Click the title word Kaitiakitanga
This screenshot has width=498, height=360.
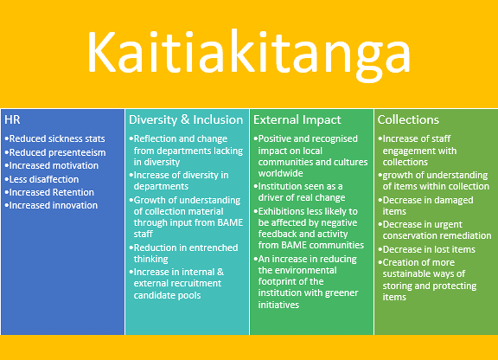(249, 55)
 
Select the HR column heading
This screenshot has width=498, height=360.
(12, 120)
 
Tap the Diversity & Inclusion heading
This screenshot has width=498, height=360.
(186, 120)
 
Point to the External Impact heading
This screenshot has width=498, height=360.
(297, 120)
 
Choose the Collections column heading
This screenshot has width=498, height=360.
(408, 120)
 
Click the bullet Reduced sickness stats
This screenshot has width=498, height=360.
(55, 139)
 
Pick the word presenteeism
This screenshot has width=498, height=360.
(77, 153)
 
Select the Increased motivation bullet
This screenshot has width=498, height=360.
(51, 166)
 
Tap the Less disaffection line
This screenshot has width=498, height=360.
(42, 179)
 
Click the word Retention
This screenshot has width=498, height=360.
(73, 193)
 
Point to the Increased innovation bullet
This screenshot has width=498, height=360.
(51, 206)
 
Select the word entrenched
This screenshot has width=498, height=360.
(213, 248)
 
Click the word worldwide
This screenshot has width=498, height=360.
(281, 174)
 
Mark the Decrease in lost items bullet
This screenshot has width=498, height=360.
(427, 250)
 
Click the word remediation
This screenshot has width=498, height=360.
(468, 236)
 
